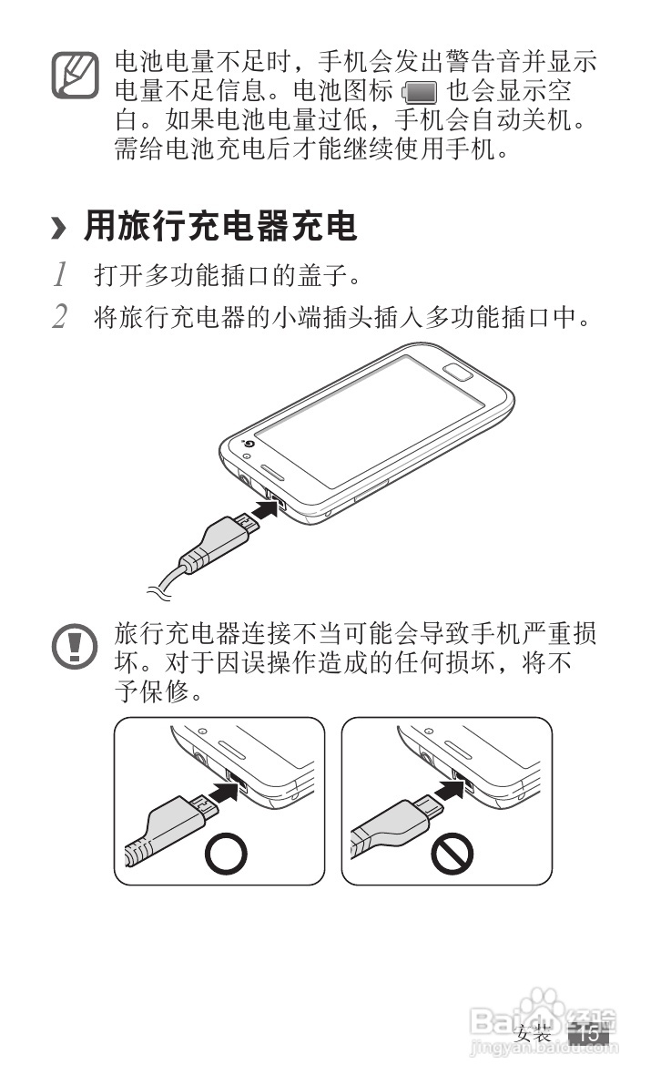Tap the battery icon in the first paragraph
[420, 92]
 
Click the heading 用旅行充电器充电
[220, 226]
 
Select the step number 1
[61, 274]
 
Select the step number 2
[60, 316]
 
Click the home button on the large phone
[458, 372]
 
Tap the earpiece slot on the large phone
[272, 472]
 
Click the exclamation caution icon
[75, 646]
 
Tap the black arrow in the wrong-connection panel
[450, 790]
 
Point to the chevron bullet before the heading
[59, 228]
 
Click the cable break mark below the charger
[158, 591]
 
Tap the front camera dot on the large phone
[249, 445]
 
